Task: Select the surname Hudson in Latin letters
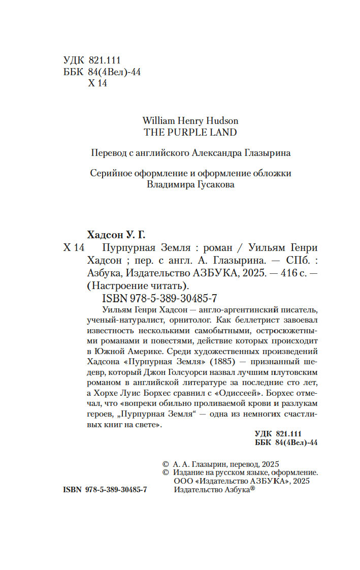point(221,121)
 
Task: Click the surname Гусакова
point(211,185)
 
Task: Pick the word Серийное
point(110,173)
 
